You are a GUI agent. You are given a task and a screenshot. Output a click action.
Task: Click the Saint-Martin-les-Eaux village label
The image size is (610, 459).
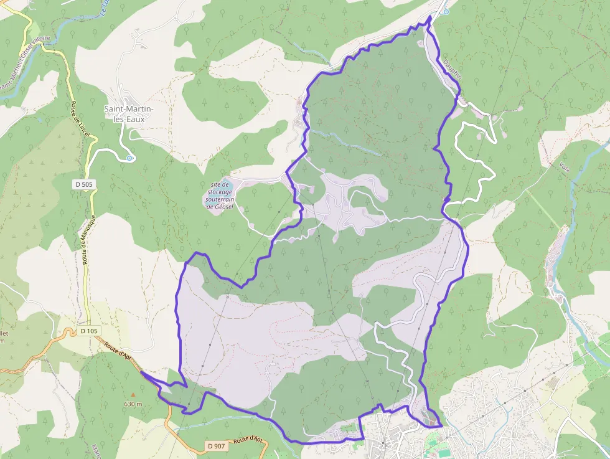pos(129,114)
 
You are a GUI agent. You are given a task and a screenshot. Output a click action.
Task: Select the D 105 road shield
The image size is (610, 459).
pos(89,331)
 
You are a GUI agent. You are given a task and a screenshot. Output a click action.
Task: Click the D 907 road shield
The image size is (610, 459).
pos(215,446)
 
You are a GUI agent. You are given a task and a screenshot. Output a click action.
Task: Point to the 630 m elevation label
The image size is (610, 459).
pos(133,404)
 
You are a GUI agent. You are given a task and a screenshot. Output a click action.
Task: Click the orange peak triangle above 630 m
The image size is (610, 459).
pos(133,395)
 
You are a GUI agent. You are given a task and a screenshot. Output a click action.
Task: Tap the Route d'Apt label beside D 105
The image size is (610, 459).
pos(118,353)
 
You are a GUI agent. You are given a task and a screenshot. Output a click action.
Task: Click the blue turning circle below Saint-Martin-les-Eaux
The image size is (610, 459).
pos(129,158)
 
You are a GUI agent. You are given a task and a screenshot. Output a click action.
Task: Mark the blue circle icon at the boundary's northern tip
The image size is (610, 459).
pos(445,11)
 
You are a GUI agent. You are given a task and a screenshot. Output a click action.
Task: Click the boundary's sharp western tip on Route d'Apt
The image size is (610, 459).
pos(142,372)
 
